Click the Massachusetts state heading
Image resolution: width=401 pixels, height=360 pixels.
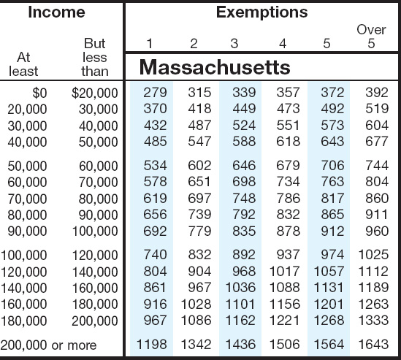point(215,67)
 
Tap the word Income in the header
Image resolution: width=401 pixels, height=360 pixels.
point(56,12)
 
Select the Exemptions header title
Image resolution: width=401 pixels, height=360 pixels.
point(261,12)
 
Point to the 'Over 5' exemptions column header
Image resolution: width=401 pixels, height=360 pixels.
point(371,37)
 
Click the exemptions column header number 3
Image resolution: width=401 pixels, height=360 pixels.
point(234,44)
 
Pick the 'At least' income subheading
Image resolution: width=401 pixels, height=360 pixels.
point(23,64)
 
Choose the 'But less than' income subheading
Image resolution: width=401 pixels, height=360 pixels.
point(95,57)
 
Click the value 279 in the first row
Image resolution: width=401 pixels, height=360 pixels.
point(155,92)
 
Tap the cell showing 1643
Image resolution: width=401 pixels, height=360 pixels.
point(374,344)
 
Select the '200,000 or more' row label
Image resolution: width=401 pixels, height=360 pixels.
point(49,345)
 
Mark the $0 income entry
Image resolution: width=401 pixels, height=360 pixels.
point(39,93)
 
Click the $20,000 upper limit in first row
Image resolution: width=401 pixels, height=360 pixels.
point(95,93)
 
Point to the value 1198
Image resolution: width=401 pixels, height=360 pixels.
point(152,344)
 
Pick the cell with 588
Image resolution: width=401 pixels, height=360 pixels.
point(244,142)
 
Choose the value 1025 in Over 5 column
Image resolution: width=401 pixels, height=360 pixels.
point(374,254)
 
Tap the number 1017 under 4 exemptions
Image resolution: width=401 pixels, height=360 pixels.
point(285,271)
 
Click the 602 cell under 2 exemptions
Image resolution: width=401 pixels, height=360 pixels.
point(199,166)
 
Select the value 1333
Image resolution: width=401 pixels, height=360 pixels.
point(374,320)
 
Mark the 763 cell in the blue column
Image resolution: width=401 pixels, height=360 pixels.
point(332,182)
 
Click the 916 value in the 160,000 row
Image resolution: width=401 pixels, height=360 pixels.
point(155,304)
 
